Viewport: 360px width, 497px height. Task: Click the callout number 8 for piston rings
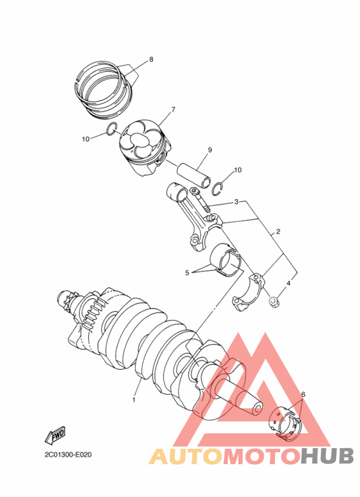pos(151,59)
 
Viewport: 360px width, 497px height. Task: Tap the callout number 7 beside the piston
pos(173,110)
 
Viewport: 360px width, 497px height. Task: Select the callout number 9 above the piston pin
pos(210,150)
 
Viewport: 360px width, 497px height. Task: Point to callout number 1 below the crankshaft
pos(134,400)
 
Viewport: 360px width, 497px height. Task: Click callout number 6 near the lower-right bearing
pos(303,394)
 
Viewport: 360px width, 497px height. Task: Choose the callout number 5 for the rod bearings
pos(187,272)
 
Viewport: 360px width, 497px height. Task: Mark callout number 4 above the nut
pos(289,283)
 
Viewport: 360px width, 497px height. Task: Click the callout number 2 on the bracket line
pos(278,231)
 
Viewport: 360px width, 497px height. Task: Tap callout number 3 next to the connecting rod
pos(236,202)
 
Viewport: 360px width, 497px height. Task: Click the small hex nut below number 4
pos(273,301)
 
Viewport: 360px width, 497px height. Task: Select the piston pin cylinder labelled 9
pos(194,175)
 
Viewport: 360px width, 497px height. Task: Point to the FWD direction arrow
pos(55,435)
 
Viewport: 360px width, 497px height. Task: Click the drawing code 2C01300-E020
pos(67,455)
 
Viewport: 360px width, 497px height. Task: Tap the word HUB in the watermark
pos(327,456)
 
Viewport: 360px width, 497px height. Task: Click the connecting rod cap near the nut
pos(248,292)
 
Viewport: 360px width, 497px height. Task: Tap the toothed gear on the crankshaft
pos(91,309)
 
